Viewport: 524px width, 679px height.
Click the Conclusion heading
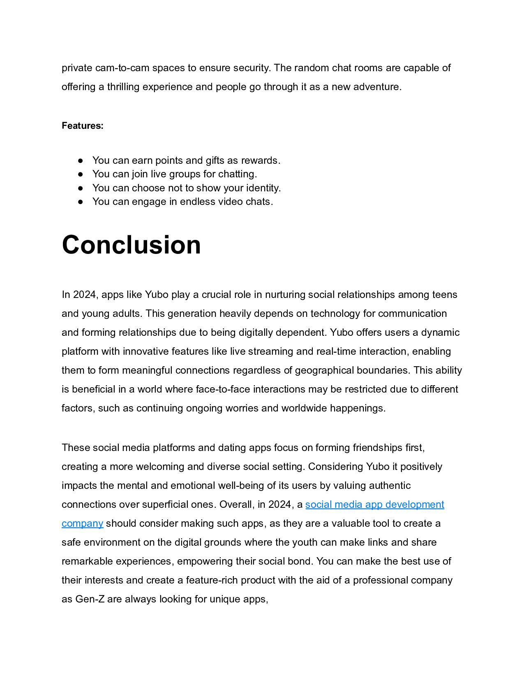pos(131,245)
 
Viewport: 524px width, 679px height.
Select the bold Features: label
pos(83,126)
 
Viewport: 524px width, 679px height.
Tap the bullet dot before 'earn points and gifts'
pos(81,160)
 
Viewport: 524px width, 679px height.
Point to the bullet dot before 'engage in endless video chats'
pos(81,202)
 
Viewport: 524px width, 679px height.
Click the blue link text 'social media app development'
pos(374,505)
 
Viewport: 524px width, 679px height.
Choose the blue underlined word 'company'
pos(82,523)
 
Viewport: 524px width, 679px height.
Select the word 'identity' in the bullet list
pos(263,188)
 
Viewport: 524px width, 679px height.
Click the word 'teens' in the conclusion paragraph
pos(445,295)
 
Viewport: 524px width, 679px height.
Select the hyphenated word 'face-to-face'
pos(223,389)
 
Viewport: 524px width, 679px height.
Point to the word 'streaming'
pos(270,351)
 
